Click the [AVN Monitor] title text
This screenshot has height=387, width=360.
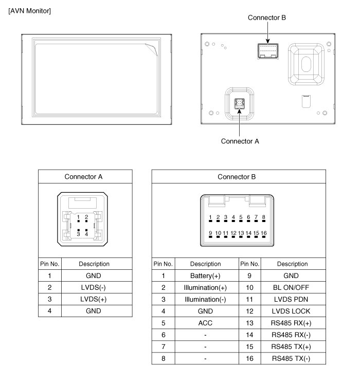click(x=29, y=11)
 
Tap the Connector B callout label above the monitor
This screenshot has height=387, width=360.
click(x=266, y=17)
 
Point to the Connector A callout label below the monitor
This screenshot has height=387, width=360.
click(x=240, y=141)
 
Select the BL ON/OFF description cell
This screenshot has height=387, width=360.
click(x=292, y=287)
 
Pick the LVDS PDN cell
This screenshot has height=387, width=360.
click(x=292, y=299)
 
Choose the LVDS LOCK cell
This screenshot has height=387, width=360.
click(x=292, y=311)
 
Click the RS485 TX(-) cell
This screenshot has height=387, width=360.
click(x=292, y=358)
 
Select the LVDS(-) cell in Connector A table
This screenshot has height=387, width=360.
click(x=94, y=287)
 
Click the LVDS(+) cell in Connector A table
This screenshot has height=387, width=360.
click(x=94, y=299)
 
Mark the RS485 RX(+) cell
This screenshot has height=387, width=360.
click(x=292, y=323)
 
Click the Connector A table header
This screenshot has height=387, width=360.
click(x=83, y=177)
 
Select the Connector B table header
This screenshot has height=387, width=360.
click(x=237, y=177)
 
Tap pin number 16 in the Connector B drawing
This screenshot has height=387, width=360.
click(x=263, y=233)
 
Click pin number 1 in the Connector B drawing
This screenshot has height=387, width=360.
click(x=210, y=217)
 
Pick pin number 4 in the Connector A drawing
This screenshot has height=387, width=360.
click(x=86, y=234)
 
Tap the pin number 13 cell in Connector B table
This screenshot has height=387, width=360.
click(x=250, y=323)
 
